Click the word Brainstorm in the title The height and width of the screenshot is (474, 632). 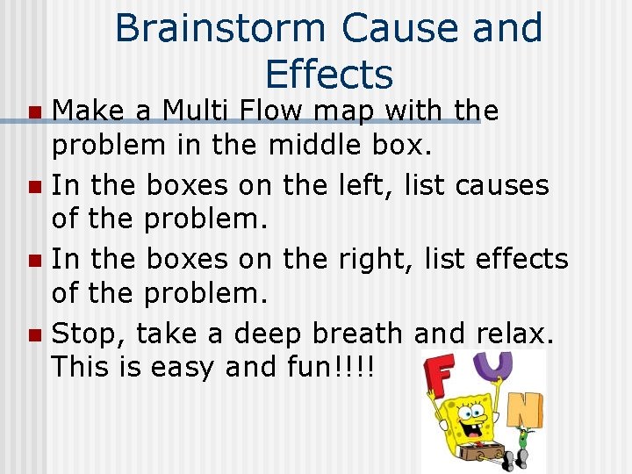click(x=221, y=28)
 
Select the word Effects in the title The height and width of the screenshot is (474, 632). click(x=328, y=74)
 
